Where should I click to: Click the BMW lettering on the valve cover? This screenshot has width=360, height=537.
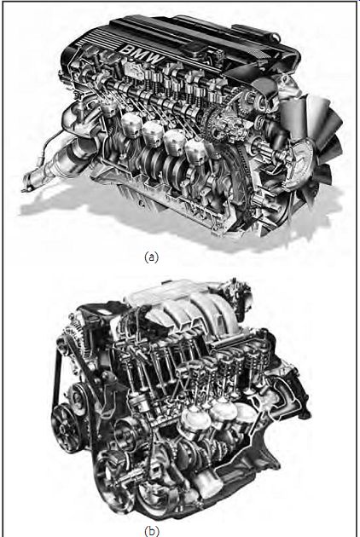142,54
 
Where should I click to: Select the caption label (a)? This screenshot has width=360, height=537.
151,257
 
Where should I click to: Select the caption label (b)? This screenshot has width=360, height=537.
151,531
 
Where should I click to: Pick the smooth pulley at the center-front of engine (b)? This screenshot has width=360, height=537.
128,432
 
